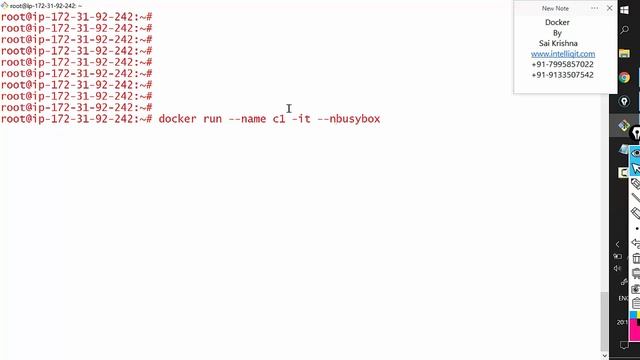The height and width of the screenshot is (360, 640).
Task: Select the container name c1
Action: pos(279,119)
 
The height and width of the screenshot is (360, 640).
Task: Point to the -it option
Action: pos(300,119)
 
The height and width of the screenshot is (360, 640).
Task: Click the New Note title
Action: pos(555,8)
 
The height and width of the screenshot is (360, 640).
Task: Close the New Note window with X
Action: pos(610,8)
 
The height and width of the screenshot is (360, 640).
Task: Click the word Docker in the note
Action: pos(557,22)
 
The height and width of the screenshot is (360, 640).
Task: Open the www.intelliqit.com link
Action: pos(562,54)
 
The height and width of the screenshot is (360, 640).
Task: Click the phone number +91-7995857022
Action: pos(562,64)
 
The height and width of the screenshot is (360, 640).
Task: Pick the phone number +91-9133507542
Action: pos(562,75)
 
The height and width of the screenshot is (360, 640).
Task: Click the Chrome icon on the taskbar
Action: pos(624,77)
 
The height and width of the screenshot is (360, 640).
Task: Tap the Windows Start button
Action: pos(624,8)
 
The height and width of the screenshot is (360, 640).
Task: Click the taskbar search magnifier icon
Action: pos(624,30)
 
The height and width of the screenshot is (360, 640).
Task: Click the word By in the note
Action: pos(557,33)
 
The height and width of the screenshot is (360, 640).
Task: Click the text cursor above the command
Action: pos(289,108)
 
